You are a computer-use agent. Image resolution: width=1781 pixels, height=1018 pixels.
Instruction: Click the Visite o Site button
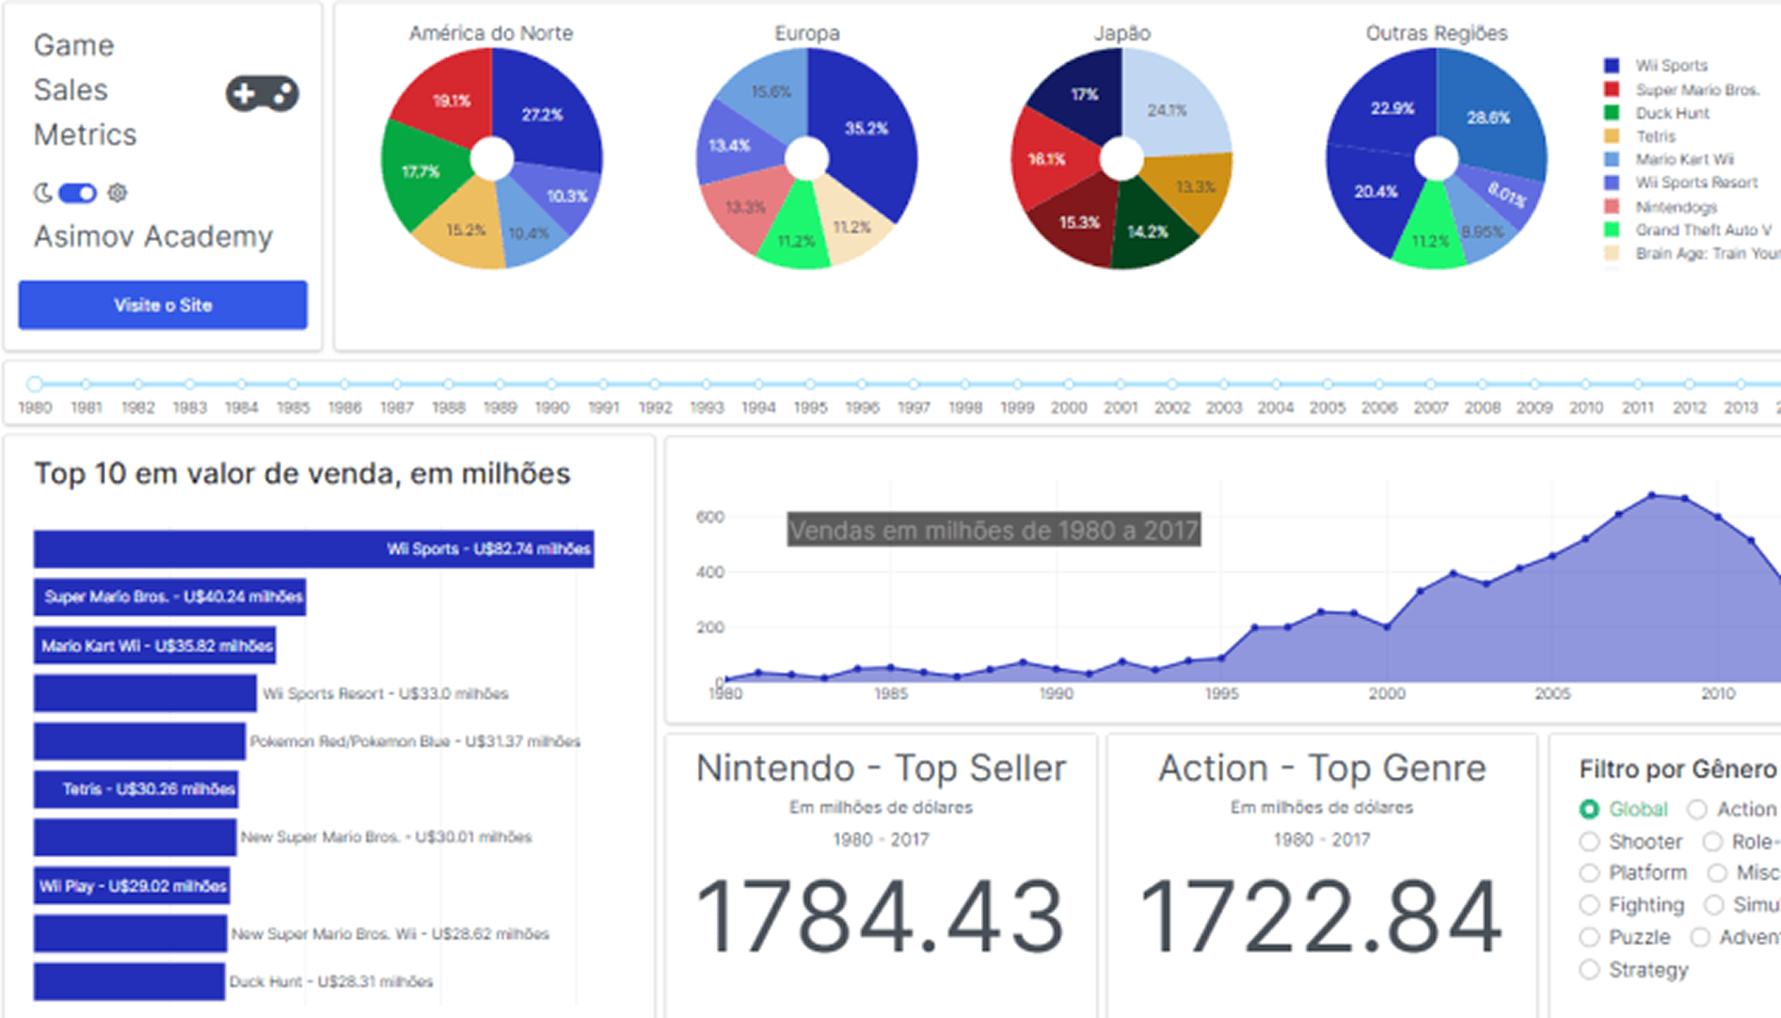[163, 305]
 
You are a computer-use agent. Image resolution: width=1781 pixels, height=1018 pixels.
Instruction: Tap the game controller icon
[262, 93]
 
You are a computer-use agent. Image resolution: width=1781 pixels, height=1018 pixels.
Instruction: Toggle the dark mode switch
[77, 193]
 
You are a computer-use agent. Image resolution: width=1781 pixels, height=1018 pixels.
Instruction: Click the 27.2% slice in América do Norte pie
[546, 118]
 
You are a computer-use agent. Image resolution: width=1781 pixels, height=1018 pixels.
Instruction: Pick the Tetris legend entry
[1655, 136]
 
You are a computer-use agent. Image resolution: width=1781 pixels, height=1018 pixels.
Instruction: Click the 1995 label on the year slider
[810, 407]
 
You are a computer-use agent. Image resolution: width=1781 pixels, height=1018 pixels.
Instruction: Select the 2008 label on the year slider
[1482, 407]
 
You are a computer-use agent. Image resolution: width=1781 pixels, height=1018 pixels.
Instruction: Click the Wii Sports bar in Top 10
[313, 549]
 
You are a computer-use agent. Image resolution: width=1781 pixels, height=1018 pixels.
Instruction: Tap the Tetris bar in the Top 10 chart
[135, 789]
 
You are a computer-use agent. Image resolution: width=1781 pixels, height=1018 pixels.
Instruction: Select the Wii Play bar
[132, 885]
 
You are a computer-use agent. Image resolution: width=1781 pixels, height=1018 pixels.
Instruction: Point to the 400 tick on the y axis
[710, 572]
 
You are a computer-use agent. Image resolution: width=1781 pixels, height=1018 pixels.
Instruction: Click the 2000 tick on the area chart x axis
[1387, 694]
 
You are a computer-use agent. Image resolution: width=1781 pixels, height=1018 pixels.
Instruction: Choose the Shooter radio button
[1590, 841]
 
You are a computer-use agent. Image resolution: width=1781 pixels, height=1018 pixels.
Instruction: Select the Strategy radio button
[1590, 969]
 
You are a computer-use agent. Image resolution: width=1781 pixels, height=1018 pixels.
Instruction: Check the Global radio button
[1590, 809]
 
